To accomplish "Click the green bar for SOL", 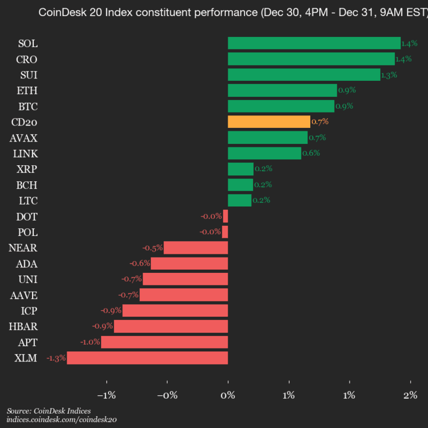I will click(314, 43).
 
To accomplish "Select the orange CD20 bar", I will click(269, 122).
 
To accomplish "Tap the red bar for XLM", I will click(147, 358).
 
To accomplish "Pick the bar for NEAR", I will click(196, 248).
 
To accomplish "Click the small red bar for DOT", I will click(225, 216).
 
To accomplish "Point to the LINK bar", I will click(265, 153).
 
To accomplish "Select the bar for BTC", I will click(281, 106).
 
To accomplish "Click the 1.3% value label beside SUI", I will click(389, 75).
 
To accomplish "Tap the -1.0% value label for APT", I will click(90, 342).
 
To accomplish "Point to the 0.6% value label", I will click(311, 153).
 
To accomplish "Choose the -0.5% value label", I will click(153, 248).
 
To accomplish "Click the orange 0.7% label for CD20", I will click(320, 122).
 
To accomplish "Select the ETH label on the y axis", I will click(27, 90).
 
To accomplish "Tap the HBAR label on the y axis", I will click(24, 326).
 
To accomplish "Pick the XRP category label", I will click(27, 169).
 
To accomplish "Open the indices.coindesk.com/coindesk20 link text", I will click(61, 420).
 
